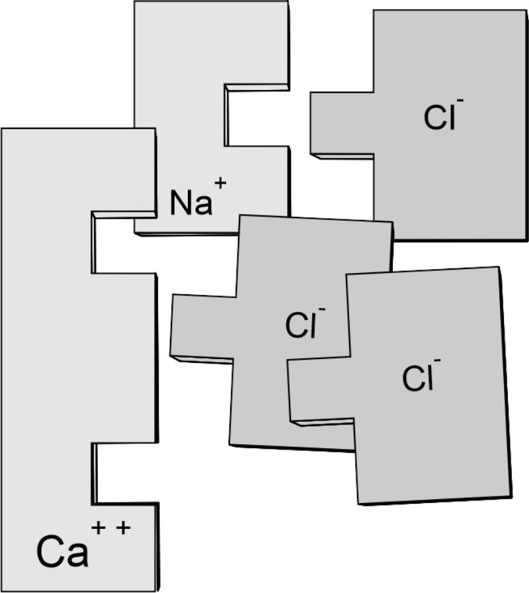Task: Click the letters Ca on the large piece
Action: [62, 551]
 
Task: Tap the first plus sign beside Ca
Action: [99, 527]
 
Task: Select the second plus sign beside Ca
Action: [124, 527]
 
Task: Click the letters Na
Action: [190, 202]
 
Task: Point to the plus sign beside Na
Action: [220, 183]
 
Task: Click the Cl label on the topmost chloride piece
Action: [438, 117]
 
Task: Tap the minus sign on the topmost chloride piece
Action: [460, 100]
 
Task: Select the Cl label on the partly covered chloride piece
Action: [300, 325]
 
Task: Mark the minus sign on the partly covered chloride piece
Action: [322, 310]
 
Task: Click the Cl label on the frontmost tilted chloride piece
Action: [417, 378]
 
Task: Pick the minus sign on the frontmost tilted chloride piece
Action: [438, 360]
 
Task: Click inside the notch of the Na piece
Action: [257, 115]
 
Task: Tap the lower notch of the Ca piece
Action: [124, 473]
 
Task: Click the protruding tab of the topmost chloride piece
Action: [342, 123]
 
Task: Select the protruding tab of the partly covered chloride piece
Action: [202, 326]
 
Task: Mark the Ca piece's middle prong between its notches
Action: [124, 358]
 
